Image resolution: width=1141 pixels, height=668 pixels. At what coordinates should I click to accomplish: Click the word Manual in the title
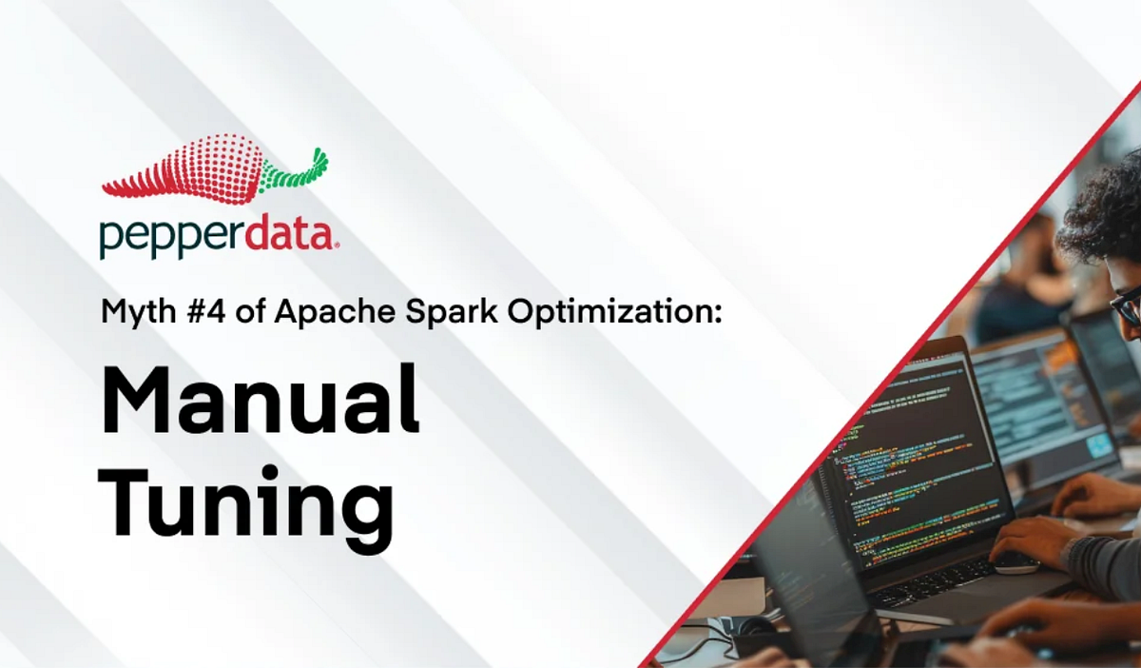pyautogui.click(x=260, y=397)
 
